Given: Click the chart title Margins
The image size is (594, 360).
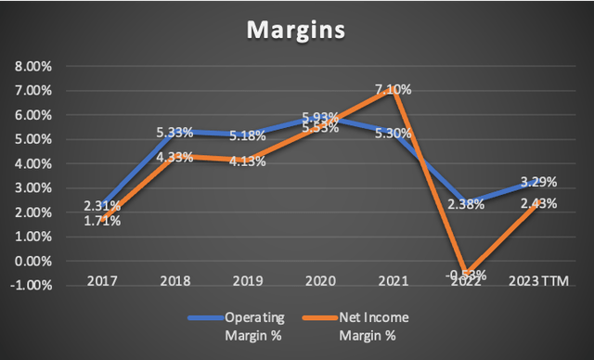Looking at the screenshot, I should point(294,31).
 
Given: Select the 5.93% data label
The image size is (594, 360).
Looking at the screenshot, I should point(321,118).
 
